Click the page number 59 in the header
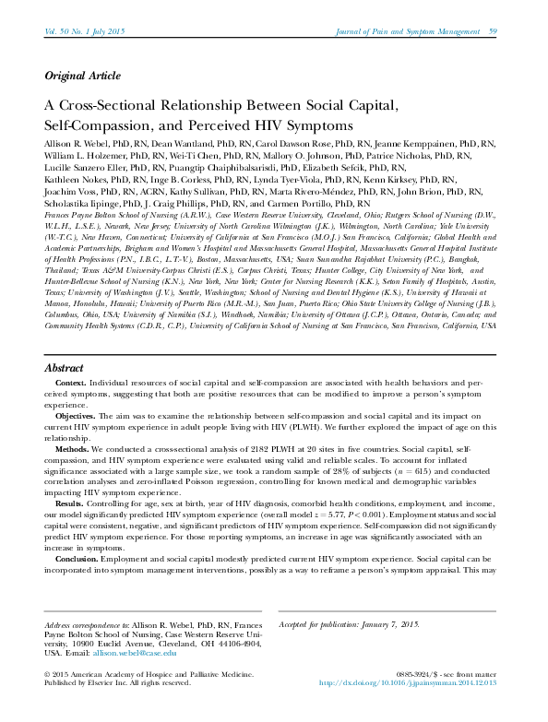tap(493, 32)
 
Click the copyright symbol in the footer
tap(48, 699)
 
